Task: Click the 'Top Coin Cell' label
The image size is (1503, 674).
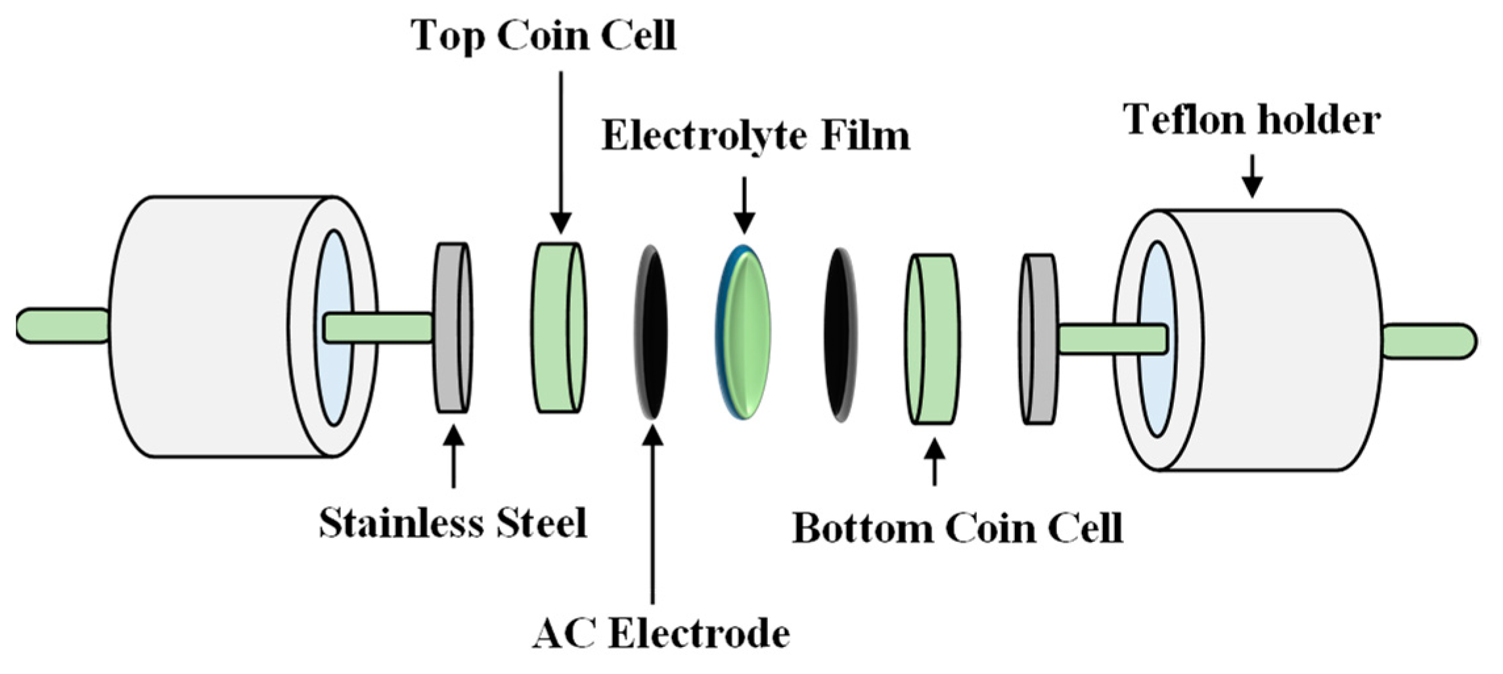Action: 543,35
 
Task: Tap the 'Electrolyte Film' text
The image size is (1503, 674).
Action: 755,136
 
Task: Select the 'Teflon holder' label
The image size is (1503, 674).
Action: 1251,120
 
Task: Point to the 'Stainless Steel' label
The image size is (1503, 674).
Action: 453,524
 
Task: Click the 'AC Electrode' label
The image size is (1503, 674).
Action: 661,634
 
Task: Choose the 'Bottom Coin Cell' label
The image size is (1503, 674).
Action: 957,528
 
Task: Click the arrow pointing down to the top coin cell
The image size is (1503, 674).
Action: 561,151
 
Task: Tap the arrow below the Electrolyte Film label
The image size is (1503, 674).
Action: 744,204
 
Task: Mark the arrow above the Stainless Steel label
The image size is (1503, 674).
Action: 453,456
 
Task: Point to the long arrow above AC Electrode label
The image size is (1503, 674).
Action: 652,512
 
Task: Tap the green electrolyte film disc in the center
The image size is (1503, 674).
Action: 744,333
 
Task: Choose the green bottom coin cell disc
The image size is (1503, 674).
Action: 932,339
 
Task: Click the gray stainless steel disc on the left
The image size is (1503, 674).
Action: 453,328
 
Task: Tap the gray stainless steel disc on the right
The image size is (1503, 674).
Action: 1039,339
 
